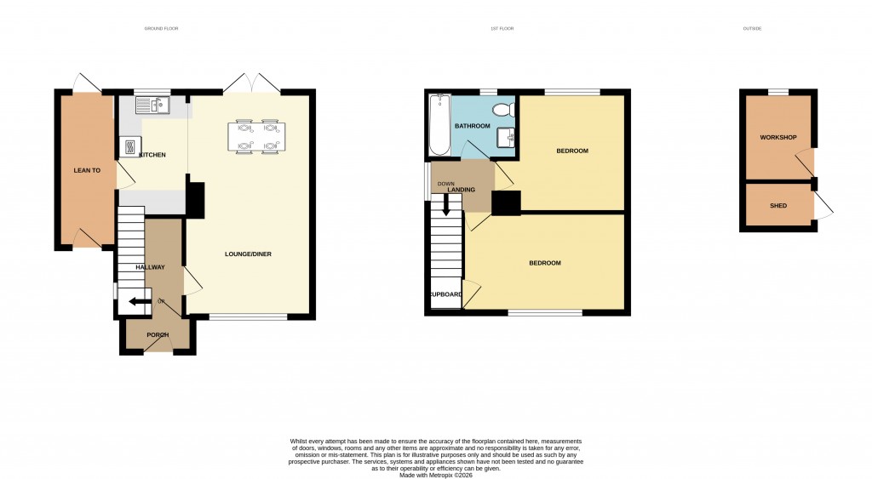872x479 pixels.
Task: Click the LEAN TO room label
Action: (87, 171)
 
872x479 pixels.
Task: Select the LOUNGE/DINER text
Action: (248, 254)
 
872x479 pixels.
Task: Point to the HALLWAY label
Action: (150, 267)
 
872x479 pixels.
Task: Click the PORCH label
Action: (158, 334)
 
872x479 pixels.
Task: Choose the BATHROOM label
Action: (472, 126)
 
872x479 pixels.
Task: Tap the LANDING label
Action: (461, 190)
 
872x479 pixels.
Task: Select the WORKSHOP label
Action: (777, 138)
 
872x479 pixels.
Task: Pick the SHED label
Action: (777, 206)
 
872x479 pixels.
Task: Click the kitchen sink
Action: (152, 105)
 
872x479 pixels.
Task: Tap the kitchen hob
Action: (129, 147)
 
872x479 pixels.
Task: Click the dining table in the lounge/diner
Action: (255, 137)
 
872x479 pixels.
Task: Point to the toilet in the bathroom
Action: (502, 109)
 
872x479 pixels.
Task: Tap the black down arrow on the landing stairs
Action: (445, 205)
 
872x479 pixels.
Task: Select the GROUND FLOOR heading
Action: (161, 29)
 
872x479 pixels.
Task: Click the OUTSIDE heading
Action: (752, 29)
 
